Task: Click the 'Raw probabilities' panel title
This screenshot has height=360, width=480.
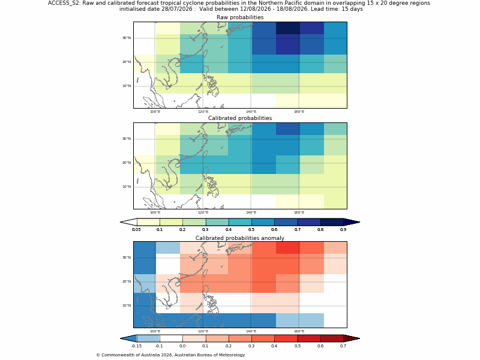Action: (x=240, y=17)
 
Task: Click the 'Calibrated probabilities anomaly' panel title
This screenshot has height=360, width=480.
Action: (x=240, y=238)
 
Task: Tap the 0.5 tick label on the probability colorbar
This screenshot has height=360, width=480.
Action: (x=251, y=230)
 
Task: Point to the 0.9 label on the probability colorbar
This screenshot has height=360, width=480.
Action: (x=343, y=230)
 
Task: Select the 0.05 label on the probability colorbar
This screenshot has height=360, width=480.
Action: (x=136, y=230)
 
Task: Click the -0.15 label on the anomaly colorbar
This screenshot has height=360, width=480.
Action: (x=136, y=346)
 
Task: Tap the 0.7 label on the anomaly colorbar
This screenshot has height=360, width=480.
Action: (x=343, y=346)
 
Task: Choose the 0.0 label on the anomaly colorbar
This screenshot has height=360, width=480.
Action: (x=182, y=346)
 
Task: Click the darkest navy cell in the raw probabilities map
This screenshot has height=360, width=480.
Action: (x=288, y=28)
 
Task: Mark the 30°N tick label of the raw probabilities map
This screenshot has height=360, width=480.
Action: (x=127, y=38)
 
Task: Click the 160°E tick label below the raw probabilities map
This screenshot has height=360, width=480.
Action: (x=299, y=112)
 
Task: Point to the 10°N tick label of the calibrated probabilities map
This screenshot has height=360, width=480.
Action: (x=127, y=187)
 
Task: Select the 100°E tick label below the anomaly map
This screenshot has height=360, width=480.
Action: (x=155, y=331)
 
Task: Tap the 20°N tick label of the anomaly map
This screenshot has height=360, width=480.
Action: (x=127, y=281)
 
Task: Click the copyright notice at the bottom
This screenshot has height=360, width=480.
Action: (x=170, y=355)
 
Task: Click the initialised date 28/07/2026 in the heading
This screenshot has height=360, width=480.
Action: (x=177, y=9)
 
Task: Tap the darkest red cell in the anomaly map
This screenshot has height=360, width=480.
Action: (x=288, y=248)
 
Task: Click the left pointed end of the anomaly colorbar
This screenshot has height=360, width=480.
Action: (x=121, y=338)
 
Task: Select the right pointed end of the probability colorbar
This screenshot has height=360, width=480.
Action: (x=359, y=222)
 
